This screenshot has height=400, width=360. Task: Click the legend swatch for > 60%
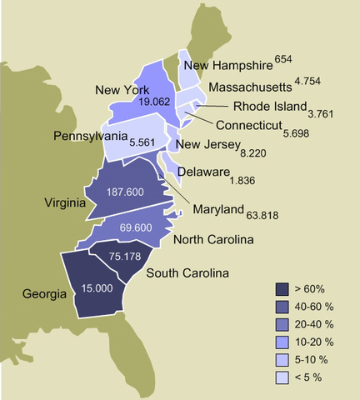(x=282, y=288)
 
